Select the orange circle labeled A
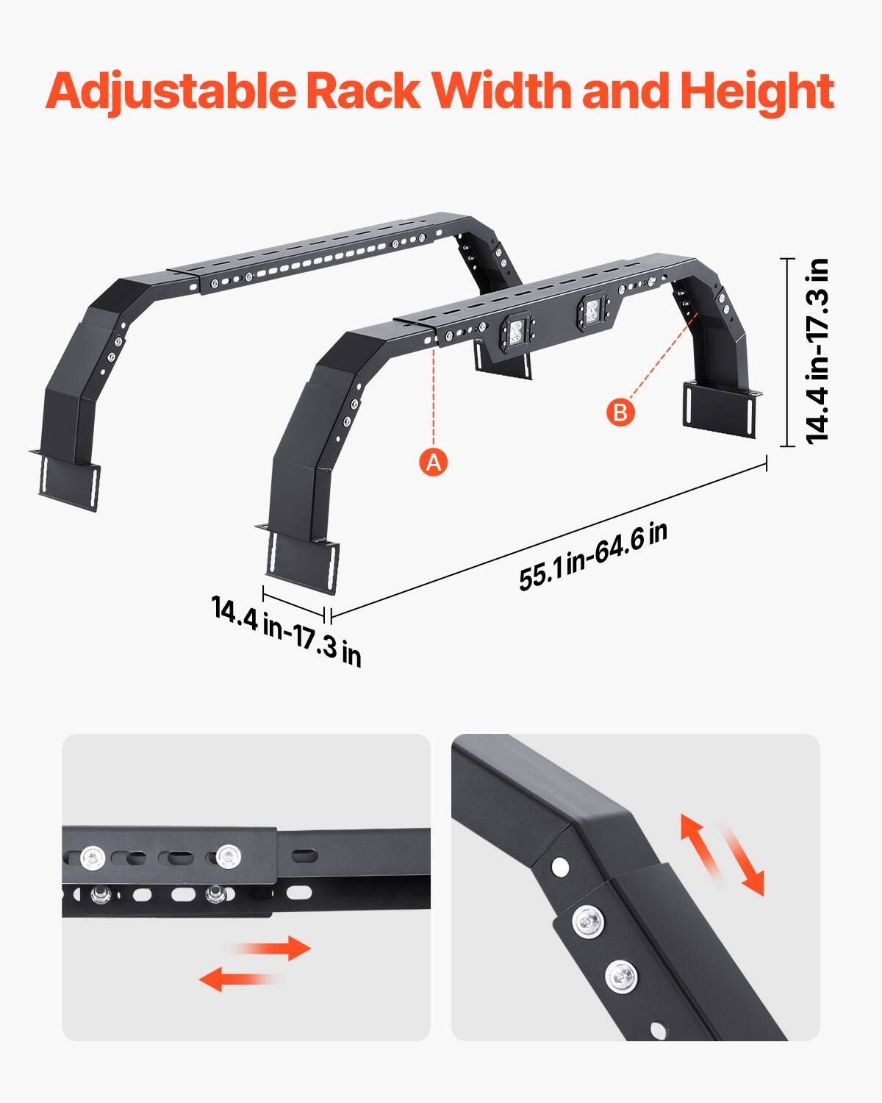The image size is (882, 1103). click(434, 462)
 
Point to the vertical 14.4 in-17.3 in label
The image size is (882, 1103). click(817, 351)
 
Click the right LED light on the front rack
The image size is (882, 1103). click(592, 310)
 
